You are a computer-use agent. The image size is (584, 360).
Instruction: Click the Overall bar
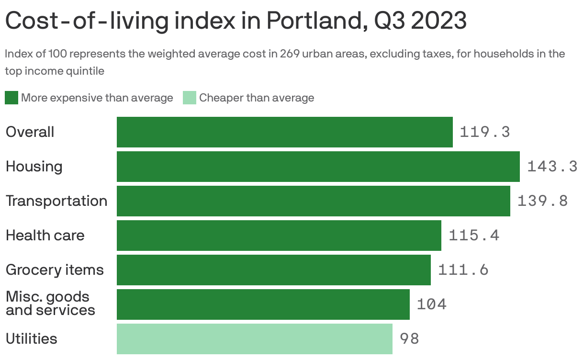click(285, 132)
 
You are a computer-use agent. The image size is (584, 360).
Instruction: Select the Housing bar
click(318, 167)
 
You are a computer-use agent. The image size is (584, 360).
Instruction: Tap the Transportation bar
click(314, 201)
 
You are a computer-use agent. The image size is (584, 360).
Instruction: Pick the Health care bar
click(279, 236)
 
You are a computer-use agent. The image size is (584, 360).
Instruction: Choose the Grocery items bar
click(274, 270)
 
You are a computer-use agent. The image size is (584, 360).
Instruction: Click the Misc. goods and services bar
click(263, 304)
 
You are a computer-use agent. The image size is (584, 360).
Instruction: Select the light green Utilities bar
click(255, 338)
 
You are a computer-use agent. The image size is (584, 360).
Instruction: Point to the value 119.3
click(484, 132)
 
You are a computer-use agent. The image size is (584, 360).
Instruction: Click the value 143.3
click(552, 166)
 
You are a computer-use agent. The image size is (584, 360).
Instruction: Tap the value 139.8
click(543, 201)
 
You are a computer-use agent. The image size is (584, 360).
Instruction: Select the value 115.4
click(474, 235)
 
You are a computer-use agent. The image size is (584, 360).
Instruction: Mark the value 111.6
click(463, 270)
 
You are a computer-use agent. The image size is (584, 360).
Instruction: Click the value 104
click(432, 304)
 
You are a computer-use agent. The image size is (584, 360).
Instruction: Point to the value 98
click(409, 338)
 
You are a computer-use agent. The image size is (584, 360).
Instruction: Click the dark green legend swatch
click(11, 98)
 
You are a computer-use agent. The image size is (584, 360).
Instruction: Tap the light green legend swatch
click(190, 98)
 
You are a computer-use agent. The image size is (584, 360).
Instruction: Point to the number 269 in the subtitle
click(290, 54)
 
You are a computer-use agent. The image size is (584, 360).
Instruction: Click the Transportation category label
click(56, 201)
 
